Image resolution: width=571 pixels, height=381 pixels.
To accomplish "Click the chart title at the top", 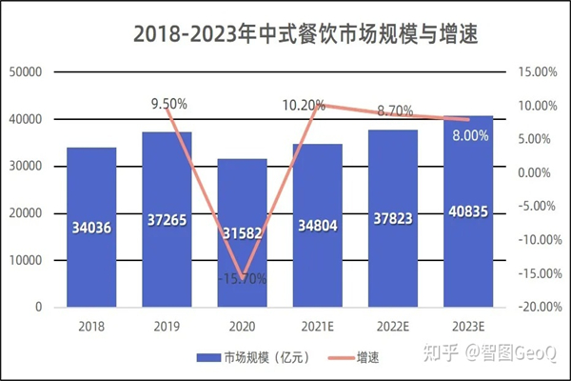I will [x=304, y=35].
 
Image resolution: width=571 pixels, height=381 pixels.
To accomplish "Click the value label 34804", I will [x=318, y=228].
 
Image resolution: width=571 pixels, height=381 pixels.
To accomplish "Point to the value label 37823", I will [x=393, y=219].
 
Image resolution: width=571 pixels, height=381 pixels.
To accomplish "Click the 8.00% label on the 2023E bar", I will [x=470, y=136].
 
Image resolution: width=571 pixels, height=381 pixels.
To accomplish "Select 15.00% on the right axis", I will [x=536, y=72].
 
